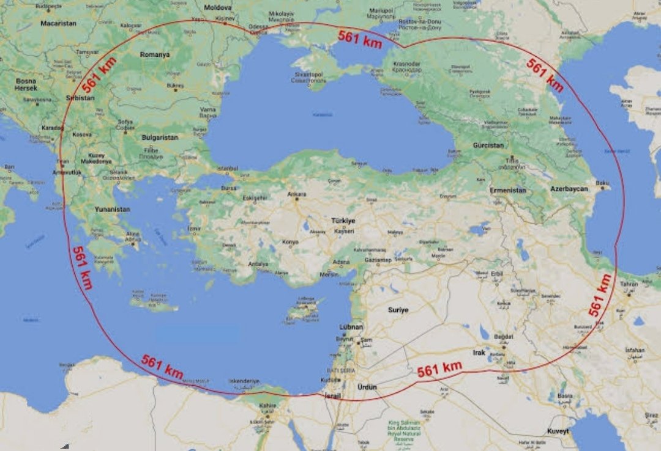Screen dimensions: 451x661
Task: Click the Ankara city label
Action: point(297,195)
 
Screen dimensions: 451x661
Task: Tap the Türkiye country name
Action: point(343,221)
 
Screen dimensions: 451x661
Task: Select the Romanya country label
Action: point(154,54)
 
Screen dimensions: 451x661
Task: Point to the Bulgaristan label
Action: point(159,137)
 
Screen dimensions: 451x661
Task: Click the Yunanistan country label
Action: point(112,209)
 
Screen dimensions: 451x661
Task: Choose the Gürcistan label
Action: point(488,145)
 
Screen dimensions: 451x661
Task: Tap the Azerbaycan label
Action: point(569,189)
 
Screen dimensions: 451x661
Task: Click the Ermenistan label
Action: point(508,190)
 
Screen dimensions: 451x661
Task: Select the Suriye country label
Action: point(398,310)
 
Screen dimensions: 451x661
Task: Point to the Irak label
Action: point(479,353)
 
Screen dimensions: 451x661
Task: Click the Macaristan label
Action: point(58,23)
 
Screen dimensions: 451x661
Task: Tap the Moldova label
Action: point(218,8)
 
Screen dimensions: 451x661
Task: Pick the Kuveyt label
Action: point(558,431)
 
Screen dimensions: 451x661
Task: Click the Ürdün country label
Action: point(368,387)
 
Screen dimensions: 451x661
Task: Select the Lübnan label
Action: point(351,327)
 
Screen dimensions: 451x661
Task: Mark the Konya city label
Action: point(289,242)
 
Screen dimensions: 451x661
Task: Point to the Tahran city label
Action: point(629,284)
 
